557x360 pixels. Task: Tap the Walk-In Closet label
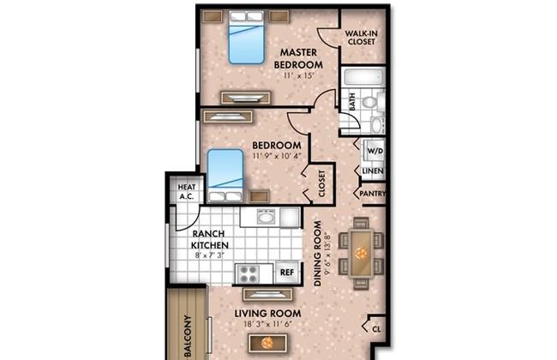(362, 38)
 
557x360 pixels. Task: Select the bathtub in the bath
(363, 76)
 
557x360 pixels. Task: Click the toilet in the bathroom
(370, 102)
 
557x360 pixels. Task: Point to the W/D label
(374, 151)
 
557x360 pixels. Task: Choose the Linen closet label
(373, 171)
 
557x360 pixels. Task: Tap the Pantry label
(372, 194)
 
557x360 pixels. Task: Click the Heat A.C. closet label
(187, 191)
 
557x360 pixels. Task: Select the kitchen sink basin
(266, 216)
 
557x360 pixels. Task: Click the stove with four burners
(248, 273)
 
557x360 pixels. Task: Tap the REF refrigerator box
(287, 273)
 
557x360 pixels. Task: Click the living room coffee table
(267, 344)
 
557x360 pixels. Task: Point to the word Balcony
(188, 336)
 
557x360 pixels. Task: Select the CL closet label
(376, 329)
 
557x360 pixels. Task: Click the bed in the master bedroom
(247, 37)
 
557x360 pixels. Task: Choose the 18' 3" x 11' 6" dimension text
(268, 324)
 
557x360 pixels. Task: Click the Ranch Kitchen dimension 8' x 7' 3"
(210, 255)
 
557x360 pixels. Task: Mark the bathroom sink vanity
(377, 124)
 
